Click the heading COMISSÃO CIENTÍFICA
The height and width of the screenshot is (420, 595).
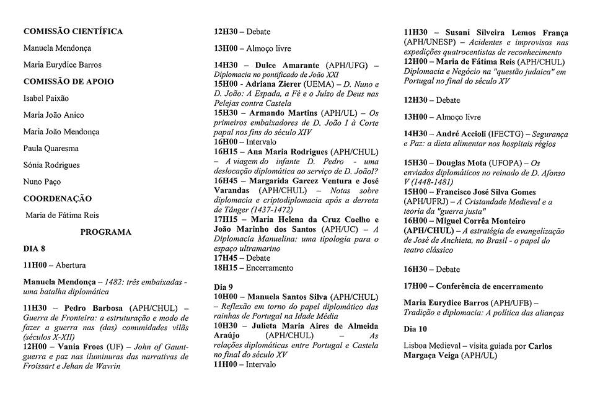point(73,32)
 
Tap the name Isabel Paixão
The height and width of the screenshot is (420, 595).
point(46,98)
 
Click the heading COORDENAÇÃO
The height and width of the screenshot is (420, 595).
point(57,198)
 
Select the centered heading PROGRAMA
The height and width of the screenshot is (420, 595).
point(105,232)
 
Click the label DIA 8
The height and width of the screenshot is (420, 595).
point(35,248)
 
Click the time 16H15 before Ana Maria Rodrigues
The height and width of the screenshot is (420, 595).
point(226,151)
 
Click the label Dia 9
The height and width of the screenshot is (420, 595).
point(223,287)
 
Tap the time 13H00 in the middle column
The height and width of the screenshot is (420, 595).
point(226,48)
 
